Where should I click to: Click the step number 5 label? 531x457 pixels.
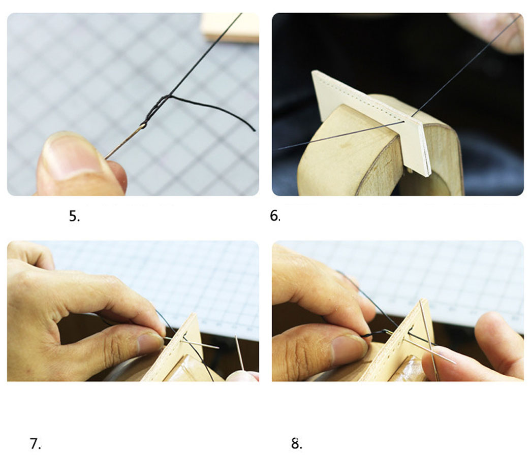tap(74, 216)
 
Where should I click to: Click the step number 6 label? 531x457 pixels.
tap(275, 216)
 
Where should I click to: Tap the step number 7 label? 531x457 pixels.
tap(35, 444)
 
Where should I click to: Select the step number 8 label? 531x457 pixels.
tap(297, 443)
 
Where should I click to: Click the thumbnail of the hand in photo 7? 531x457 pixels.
tap(151, 344)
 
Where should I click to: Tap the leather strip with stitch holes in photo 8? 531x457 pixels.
tap(399, 342)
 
